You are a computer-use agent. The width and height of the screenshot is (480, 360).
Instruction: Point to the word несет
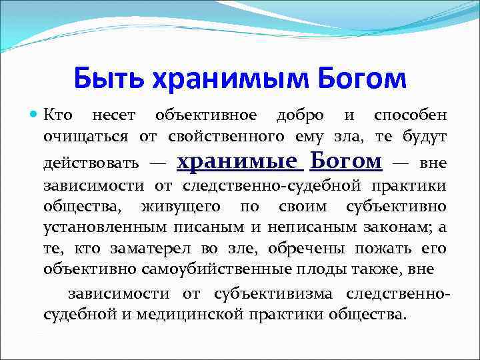[x=113, y=115]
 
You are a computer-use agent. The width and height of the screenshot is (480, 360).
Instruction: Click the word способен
[x=410, y=115]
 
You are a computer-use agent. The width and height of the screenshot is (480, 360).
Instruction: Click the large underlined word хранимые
[x=238, y=161]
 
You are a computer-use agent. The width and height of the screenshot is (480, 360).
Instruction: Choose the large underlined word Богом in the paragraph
[x=347, y=161]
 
